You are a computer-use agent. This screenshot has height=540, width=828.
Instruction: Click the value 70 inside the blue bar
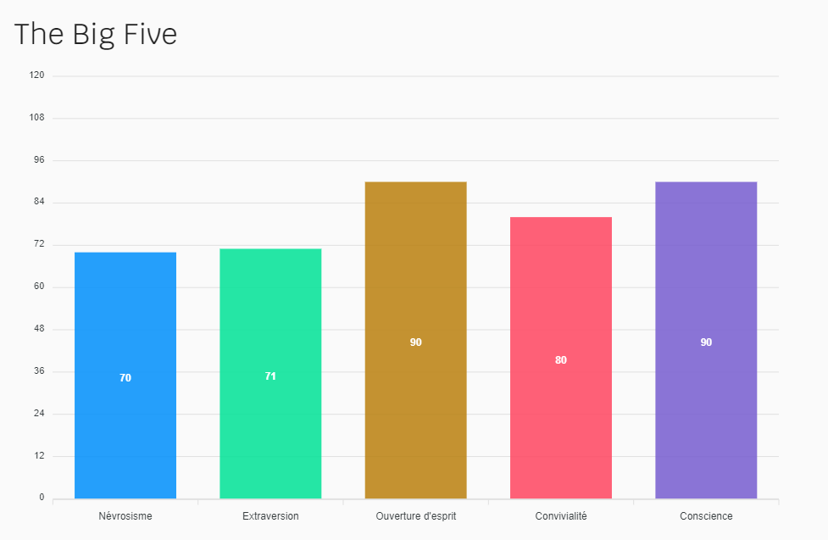tap(125, 378)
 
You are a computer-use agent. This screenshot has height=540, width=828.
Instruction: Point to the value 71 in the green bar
tap(270, 376)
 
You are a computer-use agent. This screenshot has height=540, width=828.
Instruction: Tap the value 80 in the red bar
tap(560, 360)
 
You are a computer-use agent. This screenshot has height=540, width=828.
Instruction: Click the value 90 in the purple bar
tap(706, 342)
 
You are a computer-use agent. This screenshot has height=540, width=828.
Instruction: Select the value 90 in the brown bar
tap(415, 342)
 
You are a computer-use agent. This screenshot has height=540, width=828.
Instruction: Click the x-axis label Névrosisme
tap(125, 515)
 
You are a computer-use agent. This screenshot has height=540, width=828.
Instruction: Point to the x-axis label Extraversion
tap(270, 515)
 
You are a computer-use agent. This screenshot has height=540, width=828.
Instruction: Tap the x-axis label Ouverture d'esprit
tap(415, 515)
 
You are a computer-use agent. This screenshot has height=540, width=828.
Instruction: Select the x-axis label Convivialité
tap(560, 515)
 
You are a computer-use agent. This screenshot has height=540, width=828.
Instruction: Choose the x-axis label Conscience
tap(706, 515)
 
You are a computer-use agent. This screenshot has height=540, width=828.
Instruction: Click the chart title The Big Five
tap(96, 34)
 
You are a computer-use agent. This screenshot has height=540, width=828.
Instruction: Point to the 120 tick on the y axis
tap(36, 75)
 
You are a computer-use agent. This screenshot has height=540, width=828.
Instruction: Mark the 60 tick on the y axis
tap(39, 287)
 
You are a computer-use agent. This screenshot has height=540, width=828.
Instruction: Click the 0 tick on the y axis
tap(42, 498)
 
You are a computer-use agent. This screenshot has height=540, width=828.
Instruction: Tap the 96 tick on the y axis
tap(39, 159)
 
